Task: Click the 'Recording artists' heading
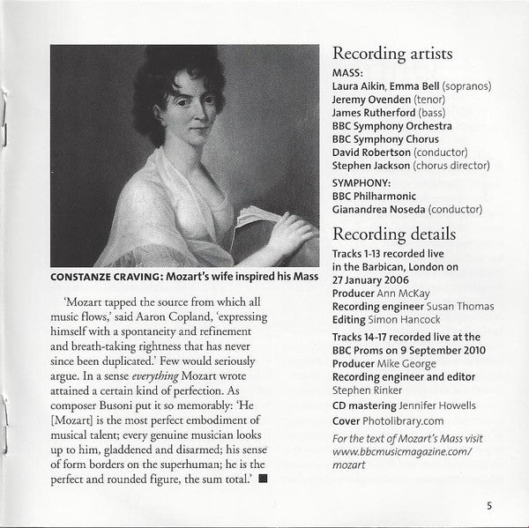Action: coord(392,53)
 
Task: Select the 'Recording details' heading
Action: coord(393,234)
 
